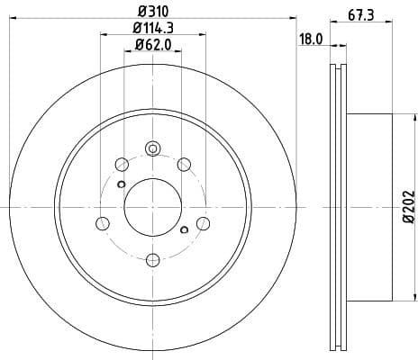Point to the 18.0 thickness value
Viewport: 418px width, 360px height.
click(x=311, y=40)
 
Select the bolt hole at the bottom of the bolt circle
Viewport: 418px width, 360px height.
click(x=152, y=259)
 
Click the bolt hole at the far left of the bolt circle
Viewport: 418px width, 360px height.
click(x=102, y=222)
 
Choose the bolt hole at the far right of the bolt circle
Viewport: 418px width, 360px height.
click(x=204, y=222)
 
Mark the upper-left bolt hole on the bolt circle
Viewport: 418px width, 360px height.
click(x=121, y=164)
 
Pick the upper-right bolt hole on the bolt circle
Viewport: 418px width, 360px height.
click(x=184, y=164)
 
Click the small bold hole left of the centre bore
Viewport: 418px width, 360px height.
click(x=120, y=184)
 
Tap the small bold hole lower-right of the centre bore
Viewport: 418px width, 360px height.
click(x=184, y=230)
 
